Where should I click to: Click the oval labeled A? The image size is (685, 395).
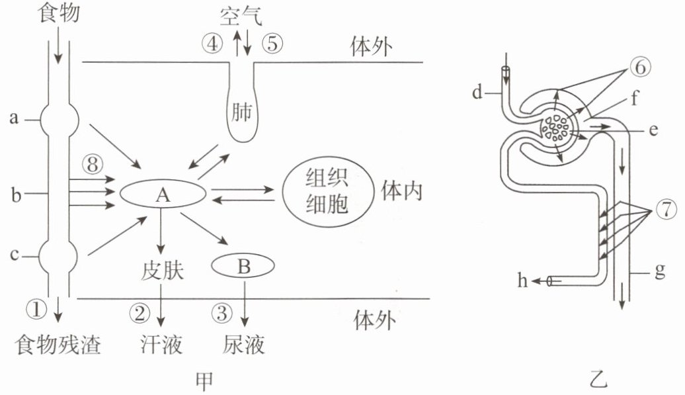coord(163,194)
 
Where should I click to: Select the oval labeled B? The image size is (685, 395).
coord(243,266)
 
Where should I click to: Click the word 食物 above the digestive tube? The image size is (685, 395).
coord(60,12)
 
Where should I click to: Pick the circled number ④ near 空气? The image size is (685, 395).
coord(212,43)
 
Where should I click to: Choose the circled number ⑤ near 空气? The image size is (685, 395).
coord(272,43)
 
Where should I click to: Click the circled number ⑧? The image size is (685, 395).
coord(92,165)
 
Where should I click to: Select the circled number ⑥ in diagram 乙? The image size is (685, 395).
coord(641,67)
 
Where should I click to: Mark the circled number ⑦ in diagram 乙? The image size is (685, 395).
coord(665,210)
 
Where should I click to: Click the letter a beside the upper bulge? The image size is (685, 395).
coord(15,118)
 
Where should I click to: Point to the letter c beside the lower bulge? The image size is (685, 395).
coord(14,254)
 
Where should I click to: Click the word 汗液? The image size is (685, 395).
coord(161,344)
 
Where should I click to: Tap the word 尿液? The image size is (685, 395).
coord(243,344)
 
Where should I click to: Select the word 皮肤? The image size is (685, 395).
coord(162,271)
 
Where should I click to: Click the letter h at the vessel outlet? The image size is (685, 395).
coord(523,280)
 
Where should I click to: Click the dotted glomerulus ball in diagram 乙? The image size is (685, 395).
coord(555,128)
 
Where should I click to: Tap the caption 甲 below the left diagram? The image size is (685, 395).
coord(204,381)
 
